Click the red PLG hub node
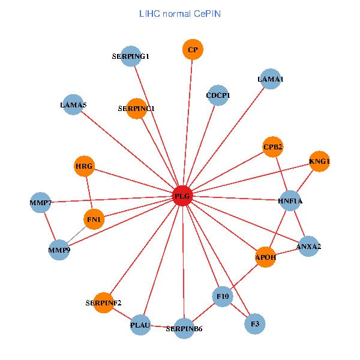[x=182, y=196]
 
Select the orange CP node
[x=193, y=50]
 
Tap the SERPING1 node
[x=130, y=56]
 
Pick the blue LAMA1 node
[x=271, y=79]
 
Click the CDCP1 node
[x=218, y=95]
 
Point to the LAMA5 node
[x=73, y=105]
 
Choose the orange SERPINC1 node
[x=137, y=109]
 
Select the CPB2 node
[x=273, y=147]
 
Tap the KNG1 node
[x=319, y=161]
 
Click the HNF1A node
[x=290, y=201]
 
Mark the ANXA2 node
[x=308, y=246]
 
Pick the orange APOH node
[x=265, y=257]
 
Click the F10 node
[x=223, y=296]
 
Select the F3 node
[x=255, y=324]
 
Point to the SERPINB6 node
[x=184, y=328]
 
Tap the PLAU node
[x=140, y=325]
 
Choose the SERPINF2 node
[x=103, y=302]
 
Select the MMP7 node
[x=40, y=203]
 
